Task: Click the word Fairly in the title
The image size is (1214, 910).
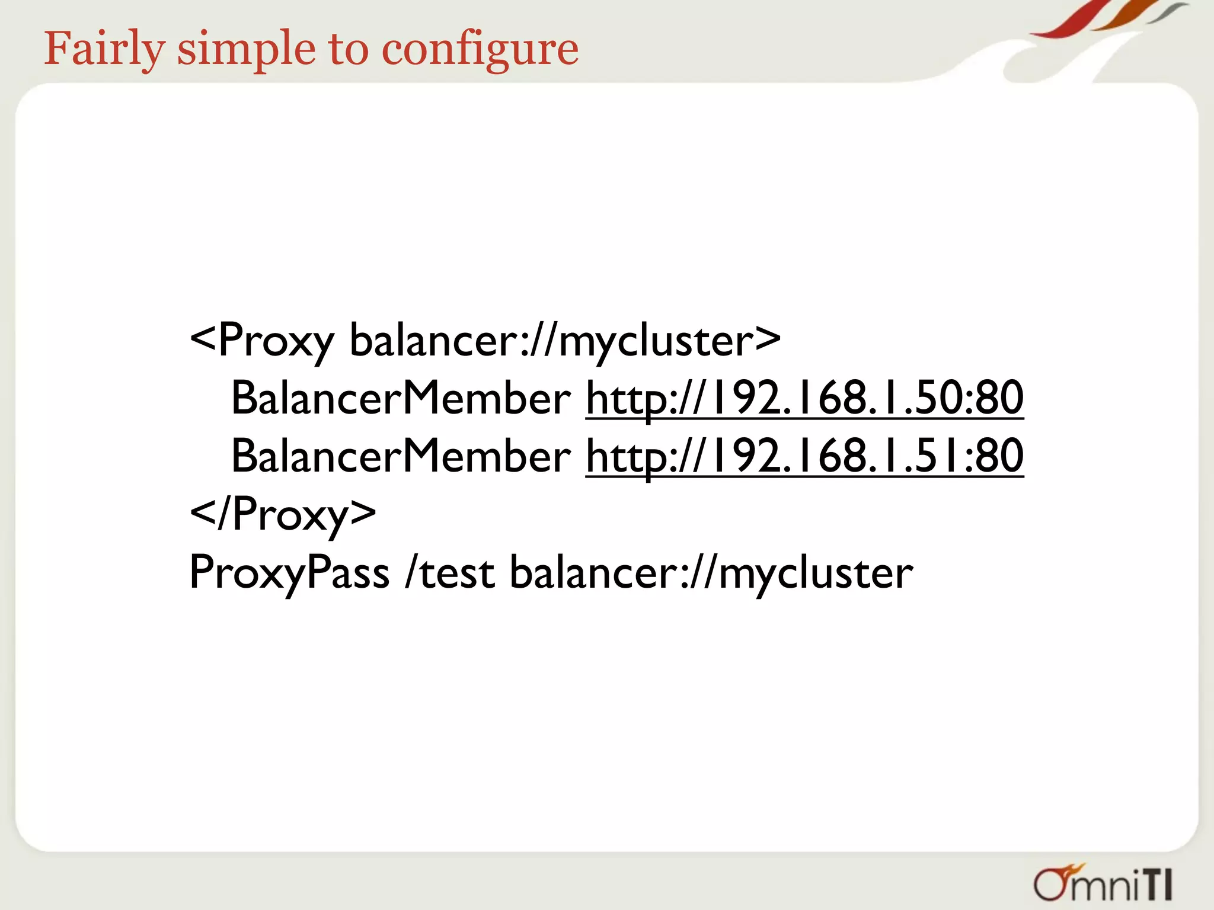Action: (104, 49)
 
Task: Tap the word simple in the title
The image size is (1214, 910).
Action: (246, 49)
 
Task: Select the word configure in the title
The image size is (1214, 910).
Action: (480, 49)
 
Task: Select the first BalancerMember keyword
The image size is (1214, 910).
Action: (401, 398)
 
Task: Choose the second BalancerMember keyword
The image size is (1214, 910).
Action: (401, 456)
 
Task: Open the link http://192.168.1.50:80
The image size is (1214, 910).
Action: (804, 398)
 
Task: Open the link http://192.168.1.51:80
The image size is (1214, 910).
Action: (804, 456)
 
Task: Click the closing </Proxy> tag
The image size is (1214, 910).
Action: (283, 514)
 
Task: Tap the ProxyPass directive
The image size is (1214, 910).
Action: (289, 572)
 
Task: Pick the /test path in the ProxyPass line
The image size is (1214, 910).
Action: (449, 572)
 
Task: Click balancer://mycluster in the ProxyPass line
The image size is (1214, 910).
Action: (711, 572)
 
